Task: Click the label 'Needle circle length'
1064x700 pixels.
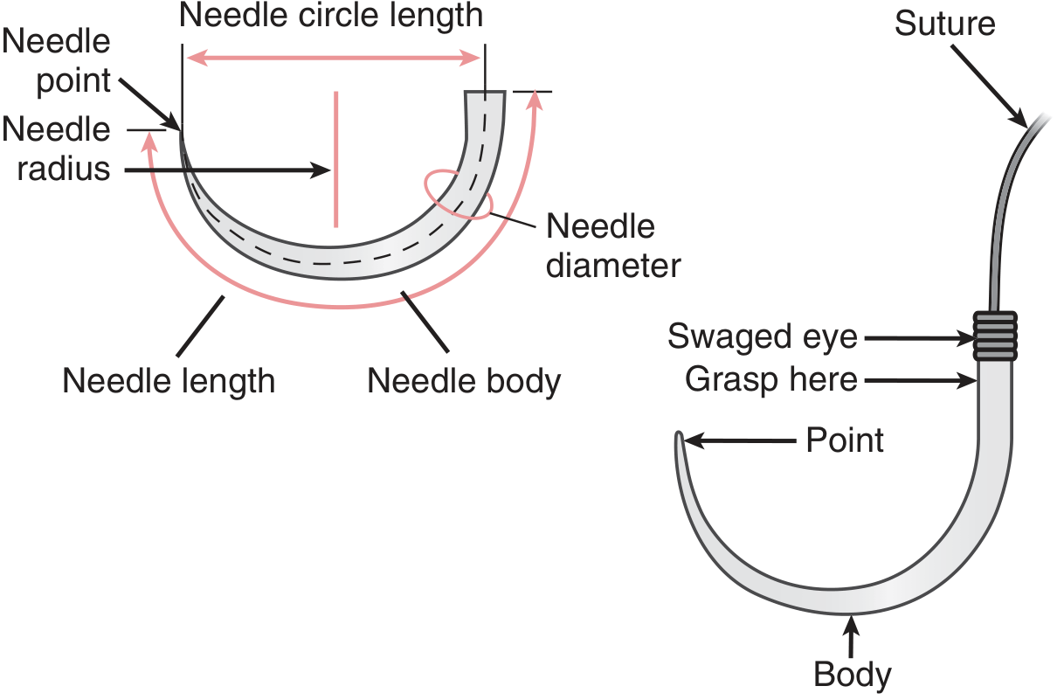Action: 331,17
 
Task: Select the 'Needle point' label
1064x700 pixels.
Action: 57,61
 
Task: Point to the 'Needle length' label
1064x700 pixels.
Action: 169,382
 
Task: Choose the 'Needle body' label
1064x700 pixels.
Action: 464,382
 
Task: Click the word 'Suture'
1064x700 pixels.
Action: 944,24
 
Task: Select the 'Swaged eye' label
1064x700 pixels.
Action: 763,336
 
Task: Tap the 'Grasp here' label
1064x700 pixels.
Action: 771,379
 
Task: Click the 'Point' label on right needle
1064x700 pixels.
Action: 845,440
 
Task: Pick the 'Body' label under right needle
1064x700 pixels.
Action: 853,675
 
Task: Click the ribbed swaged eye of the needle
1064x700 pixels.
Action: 995,336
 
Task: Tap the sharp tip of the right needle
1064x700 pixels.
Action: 678,436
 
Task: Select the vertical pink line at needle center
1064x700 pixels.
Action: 335,157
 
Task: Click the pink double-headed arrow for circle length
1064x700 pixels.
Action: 332,58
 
